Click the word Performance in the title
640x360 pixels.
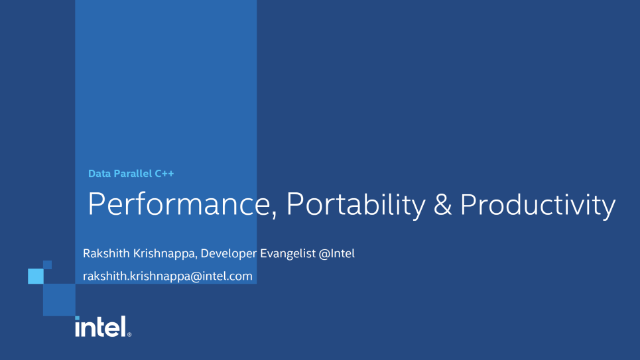click(179, 204)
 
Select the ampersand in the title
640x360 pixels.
click(442, 204)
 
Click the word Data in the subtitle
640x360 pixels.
click(99, 174)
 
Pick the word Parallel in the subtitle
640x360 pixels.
click(133, 174)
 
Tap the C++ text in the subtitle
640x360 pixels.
click(164, 174)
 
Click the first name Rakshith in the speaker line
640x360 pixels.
click(106, 253)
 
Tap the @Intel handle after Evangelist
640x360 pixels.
click(337, 253)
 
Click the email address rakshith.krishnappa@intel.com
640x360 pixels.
click(167, 276)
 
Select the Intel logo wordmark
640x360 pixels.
click(101, 327)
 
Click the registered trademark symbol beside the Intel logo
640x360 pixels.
click(129, 334)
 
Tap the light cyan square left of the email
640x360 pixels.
click(36, 276)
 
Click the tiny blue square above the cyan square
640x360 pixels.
click(47, 265)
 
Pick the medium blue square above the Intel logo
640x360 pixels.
click(59, 300)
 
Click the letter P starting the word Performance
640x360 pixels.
click(96, 204)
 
